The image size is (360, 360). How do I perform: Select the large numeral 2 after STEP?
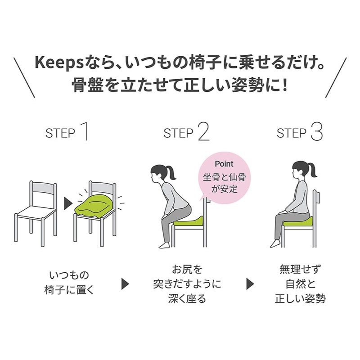[x=204, y=131]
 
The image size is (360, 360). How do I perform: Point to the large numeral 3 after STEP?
[x=317, y=131]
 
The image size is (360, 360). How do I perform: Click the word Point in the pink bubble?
[x=224, y=164]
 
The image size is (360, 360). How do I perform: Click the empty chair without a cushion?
[x=36, y=213]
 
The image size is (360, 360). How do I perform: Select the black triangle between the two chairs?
[x=68, y=203]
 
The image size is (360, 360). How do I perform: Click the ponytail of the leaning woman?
[x=171, y=173]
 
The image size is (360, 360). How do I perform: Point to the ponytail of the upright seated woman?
[x=312, y=170]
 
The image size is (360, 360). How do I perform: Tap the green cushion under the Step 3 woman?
[x=298, y=221]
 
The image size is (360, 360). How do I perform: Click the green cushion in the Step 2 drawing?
[x=188, y=220]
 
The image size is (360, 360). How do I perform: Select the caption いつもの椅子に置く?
[x=69, y=283]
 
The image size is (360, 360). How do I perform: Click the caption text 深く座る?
[x=187, y=298]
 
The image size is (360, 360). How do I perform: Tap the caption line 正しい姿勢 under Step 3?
[x=300, y=298]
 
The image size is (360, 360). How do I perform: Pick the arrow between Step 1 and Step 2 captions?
[x=125, y=284]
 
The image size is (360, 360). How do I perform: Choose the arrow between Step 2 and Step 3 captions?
[x=250, y=284]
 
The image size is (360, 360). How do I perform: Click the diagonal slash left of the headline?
[x=24, y=77]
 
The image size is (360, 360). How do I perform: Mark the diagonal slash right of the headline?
[x=336, y=77]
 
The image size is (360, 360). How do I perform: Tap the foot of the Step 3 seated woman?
[x=275, y=243]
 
